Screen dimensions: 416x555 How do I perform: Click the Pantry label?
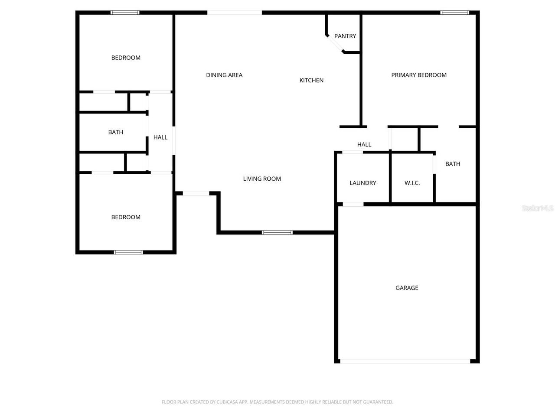(345, 36)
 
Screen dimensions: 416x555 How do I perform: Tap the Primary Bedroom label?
(419, 75)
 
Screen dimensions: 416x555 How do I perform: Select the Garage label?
(407, 288)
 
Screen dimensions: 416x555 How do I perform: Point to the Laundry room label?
(363, 183)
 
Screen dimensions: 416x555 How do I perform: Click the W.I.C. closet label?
(412, 183)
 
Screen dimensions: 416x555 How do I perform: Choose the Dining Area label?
(224, 75)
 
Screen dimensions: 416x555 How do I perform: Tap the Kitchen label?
(311, 80)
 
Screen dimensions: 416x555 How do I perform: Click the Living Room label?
(262, 179)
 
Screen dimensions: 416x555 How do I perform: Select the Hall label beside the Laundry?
(364, 144)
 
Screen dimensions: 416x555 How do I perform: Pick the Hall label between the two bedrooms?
(160, 137)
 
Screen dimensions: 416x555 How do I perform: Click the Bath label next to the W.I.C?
(453, 164)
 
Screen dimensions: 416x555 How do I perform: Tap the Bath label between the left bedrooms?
(116, 132)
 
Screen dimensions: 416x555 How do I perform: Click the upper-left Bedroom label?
(126, 58)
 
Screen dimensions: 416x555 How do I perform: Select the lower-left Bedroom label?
(126, 217)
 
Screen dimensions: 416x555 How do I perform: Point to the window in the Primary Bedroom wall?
(455, 13)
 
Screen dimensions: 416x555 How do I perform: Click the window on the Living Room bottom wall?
(277, 233)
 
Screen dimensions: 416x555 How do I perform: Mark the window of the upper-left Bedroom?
(125, 13)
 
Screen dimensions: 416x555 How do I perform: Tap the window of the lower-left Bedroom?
(128, 252)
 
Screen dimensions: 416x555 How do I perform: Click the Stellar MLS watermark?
(538, 208)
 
